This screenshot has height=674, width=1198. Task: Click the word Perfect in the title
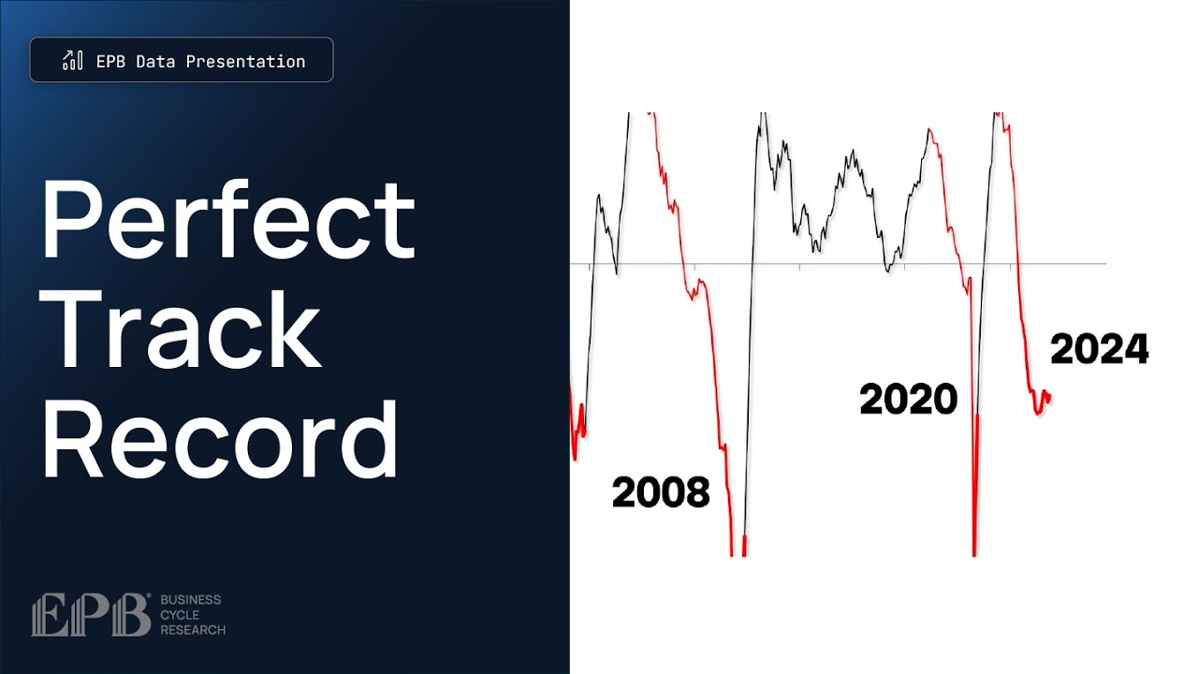[227, 221]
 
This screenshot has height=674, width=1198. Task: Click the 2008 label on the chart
[661, 492]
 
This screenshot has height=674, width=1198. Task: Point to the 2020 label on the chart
[908, 400]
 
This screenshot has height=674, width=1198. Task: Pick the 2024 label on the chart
[1099, 350]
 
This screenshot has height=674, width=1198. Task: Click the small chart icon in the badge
[72, 61]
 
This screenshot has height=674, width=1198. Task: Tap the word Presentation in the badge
[245, 62]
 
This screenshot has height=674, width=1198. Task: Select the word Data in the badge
[155, 62]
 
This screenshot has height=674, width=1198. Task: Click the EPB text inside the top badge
[111, 62]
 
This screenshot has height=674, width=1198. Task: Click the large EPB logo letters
[90, 615]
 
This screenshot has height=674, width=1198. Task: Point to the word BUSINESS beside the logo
[191, 599]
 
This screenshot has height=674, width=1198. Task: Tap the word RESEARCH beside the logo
[193, 630]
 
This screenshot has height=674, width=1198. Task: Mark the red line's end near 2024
[1049, 397]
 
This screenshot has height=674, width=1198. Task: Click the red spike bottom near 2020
[974, 552]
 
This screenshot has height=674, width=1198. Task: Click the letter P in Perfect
[68, 221]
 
